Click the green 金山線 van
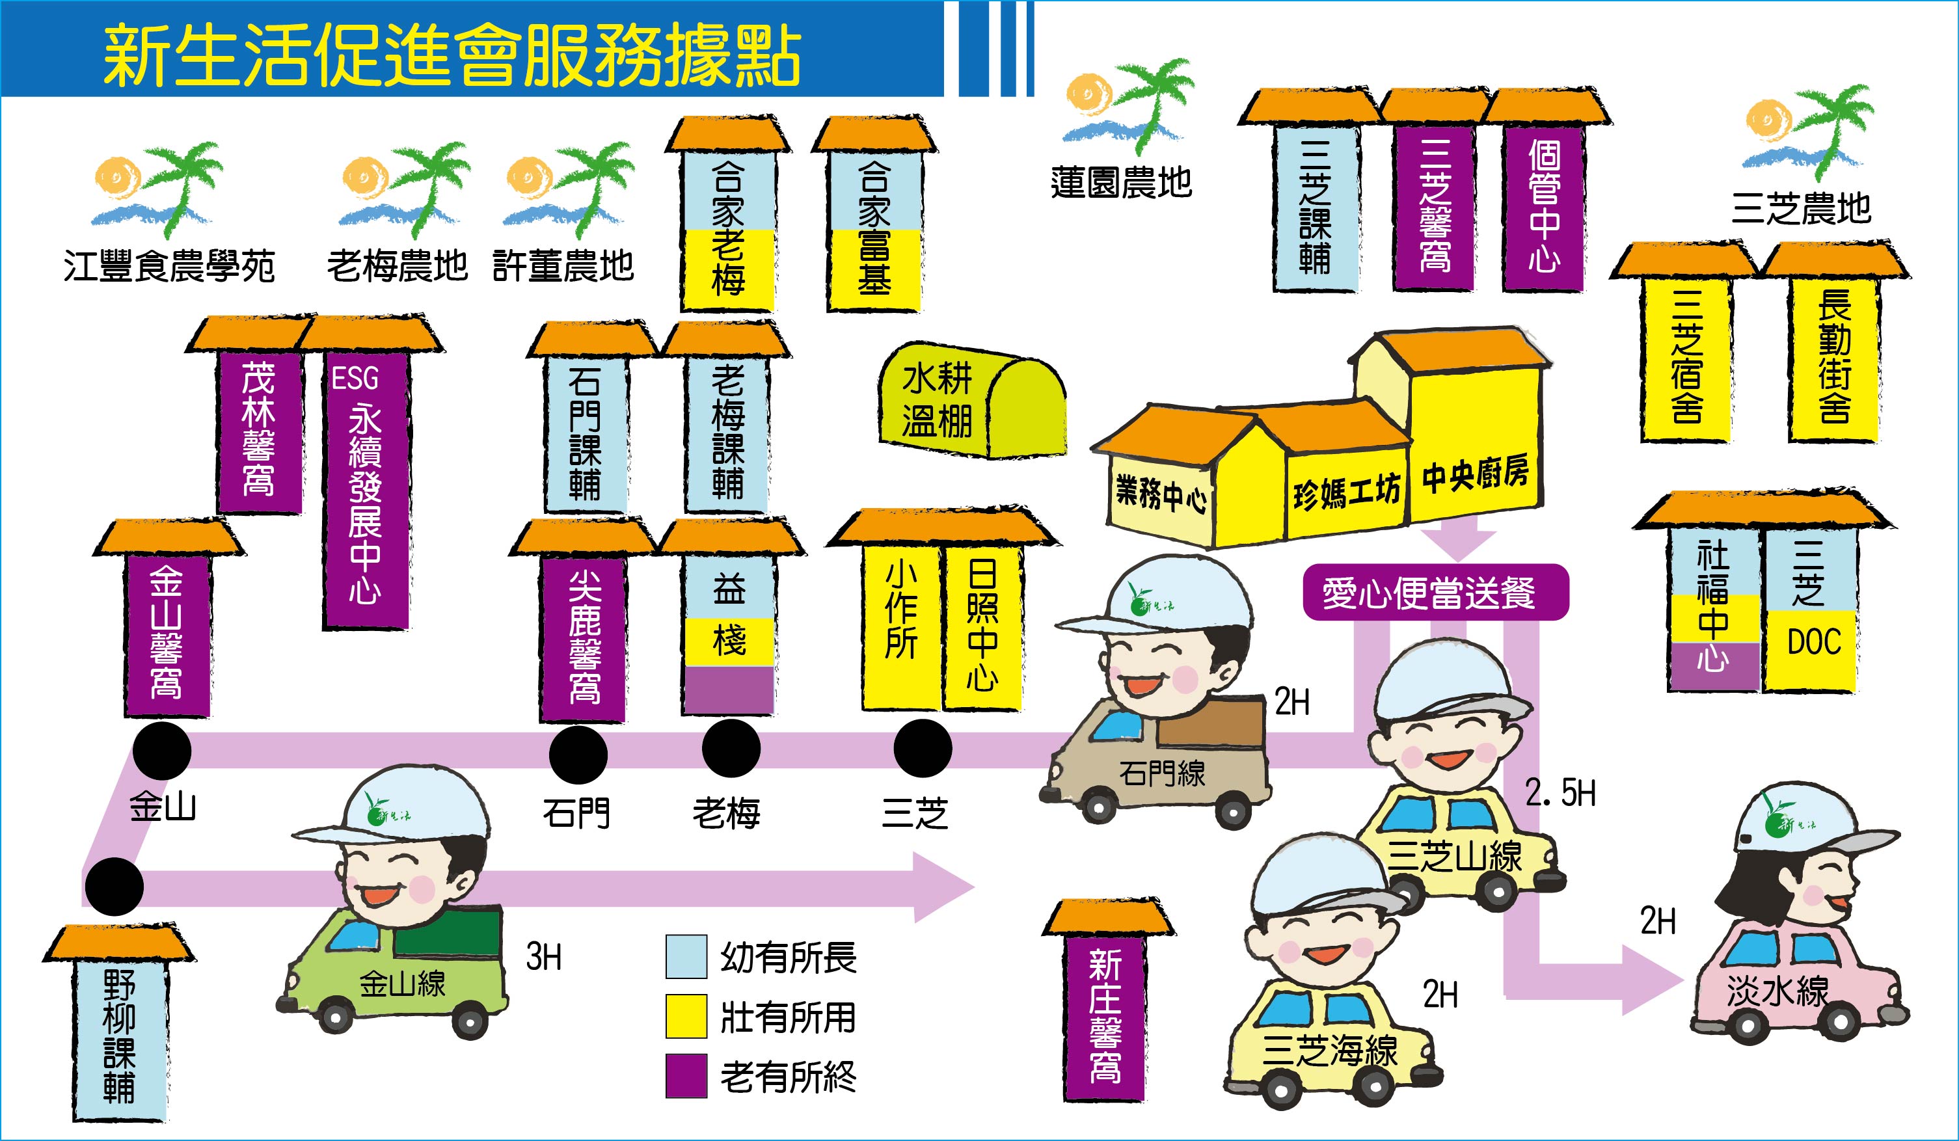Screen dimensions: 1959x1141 tap(392, 972)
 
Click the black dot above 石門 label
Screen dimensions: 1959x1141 tap(578, 755)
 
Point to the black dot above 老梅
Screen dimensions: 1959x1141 tap(731, 747)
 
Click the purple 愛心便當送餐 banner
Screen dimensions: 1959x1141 tap(1436, 592)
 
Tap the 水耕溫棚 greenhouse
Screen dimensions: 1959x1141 tap(972, 400)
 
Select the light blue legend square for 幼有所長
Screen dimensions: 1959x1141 tap(686, 956)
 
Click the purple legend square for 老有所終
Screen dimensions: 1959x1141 tap(686, 1076)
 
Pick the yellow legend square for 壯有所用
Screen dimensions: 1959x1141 tap(686, 1016)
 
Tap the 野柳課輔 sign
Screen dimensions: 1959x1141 tap(120, 1038)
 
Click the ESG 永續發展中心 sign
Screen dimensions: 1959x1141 tap(366, 490)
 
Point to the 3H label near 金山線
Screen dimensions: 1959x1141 tap(543, 957)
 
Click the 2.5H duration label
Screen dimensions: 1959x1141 tap(1560, 794)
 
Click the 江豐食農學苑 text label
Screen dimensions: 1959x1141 tap(169, 267)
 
